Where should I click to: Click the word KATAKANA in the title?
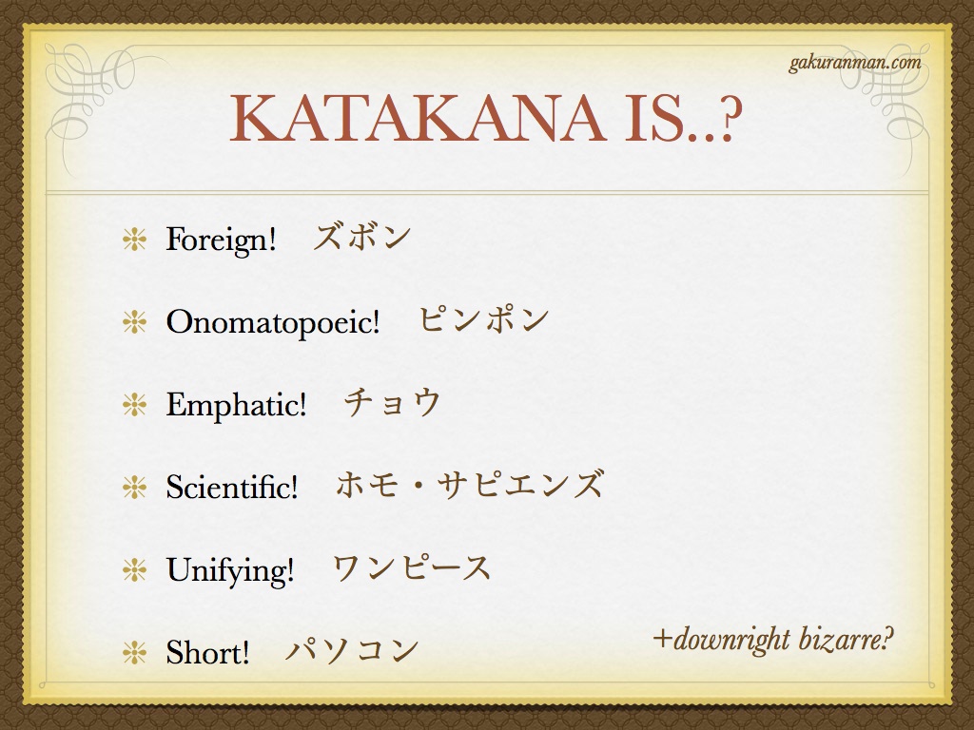[x=418, y=118]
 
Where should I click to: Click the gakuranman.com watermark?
[x=855, y=64]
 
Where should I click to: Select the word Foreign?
[x=221, y=239]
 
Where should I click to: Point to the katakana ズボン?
[x=361, y=237]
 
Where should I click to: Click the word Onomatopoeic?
[x=273, y=321]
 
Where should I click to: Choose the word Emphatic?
[x=236, y=404]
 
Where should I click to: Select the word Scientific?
[x=232, y=486]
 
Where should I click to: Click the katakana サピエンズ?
[x=519, y=485]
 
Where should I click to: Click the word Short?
[x=207, y=652]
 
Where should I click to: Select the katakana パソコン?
[x=352, y=650]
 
